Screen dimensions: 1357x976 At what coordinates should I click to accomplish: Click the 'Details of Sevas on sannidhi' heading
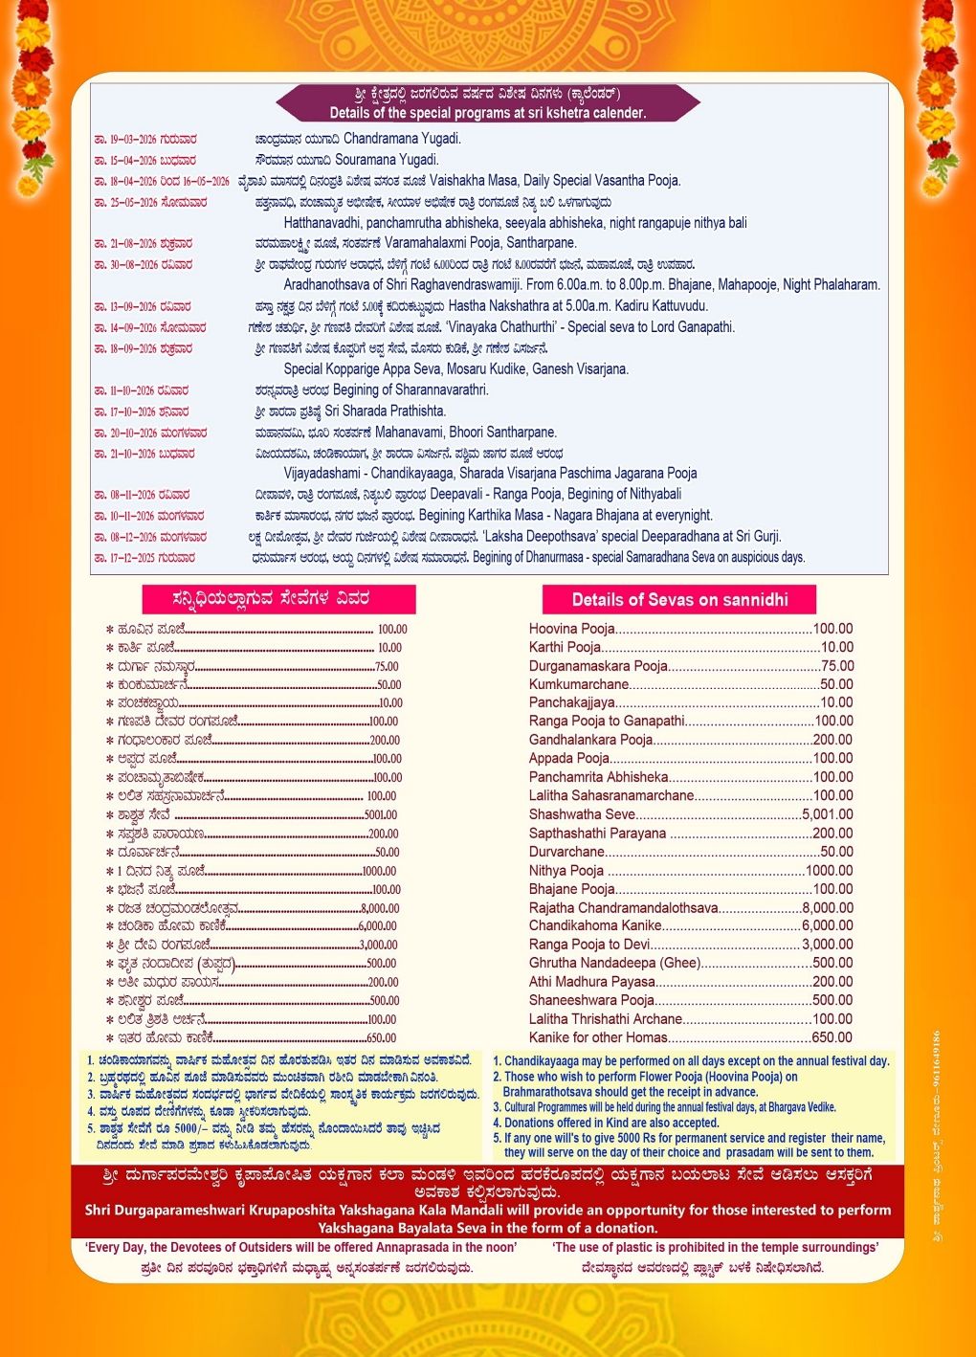point(679,600)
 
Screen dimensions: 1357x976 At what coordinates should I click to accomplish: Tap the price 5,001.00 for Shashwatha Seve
point(828,814)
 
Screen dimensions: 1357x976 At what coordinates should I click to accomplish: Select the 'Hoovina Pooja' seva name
point(572,629)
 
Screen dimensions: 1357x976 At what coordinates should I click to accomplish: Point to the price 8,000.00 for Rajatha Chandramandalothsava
point(828,907)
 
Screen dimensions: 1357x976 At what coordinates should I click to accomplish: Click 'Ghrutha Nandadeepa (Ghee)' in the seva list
point(614,963)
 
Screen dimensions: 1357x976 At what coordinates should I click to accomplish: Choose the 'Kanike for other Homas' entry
point(598,1037)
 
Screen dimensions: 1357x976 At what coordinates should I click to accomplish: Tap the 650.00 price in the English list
point(832,1037)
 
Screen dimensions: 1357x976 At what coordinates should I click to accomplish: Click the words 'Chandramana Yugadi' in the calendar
point(402,139)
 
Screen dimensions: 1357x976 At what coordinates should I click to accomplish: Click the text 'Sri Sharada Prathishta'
point(385,411)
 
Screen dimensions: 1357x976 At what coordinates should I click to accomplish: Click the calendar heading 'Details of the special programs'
point(487,112)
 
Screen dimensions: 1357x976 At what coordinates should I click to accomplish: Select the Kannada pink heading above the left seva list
point(278,599)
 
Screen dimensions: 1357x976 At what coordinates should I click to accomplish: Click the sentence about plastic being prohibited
point(715,1247)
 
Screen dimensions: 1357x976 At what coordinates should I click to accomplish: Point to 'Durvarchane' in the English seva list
point(566,852)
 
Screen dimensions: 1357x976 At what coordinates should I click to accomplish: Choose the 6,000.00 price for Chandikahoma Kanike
point(828,925)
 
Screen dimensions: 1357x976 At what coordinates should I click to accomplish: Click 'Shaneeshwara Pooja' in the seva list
point(591,1000)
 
